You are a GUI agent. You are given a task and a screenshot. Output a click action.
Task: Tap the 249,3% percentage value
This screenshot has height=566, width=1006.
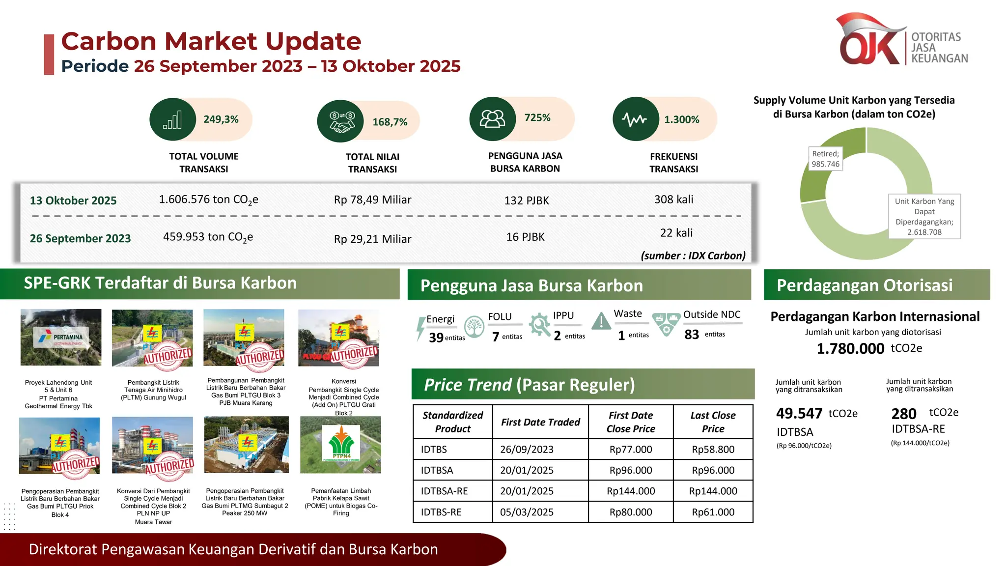pyautogui.click(x=221, y=119)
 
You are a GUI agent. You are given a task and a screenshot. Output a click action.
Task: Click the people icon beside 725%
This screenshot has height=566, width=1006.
pyautogui.click(x=492, y=118)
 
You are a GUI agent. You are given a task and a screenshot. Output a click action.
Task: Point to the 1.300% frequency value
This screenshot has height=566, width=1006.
pyautogui.click(x=681, y=119)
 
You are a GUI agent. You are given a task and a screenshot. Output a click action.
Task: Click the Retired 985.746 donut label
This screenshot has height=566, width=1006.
pyautogui.click(x=825, y=159)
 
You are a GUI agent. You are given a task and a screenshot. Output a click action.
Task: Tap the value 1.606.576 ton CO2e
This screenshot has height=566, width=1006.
pyautogui.click(x=208, y=199)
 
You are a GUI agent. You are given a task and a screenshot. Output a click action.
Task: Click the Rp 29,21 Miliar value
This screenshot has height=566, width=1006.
pyautogui.click(x=372, y=239)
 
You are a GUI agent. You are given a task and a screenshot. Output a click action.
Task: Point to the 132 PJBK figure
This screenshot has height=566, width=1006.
pyautogui.click(x=526, y=200)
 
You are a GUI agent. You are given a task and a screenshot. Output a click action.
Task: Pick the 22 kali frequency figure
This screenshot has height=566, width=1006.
pyautogui.click(x=676, y=233)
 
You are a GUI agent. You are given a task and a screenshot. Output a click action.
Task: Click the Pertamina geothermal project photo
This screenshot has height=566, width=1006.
pyautogui.click(x=61, y=337)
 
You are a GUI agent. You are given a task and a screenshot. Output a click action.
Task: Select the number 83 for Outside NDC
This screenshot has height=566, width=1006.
pyautogui.click(x=692, y=335)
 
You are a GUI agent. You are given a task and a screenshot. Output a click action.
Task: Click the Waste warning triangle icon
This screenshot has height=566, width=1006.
pyautogui.click(x=601, y=321)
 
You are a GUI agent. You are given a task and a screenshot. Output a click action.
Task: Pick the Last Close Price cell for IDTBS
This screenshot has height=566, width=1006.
pyautogui.click(x=713, y=449)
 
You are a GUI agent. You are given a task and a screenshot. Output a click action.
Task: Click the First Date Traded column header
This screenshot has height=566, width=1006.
pyautogui.click(x=540, y=422)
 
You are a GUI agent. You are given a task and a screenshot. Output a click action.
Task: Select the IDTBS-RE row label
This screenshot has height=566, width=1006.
pyautogui.click(x=441, y=512)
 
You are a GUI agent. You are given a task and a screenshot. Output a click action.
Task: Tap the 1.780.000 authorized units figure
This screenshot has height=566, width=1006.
pyautogui.click(x=850, y=348)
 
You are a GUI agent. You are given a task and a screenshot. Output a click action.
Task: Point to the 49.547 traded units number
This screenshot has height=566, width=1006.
pyautogui.click(x=799, y=413)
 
